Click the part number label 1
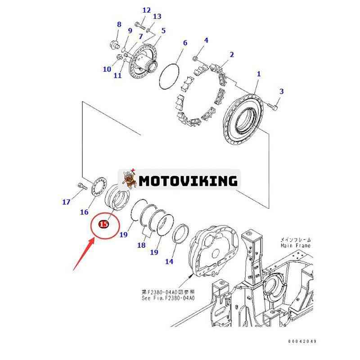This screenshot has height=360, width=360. point(259,74)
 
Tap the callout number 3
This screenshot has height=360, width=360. point(281,91)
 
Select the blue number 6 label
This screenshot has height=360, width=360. point(184,43)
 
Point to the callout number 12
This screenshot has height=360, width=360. point(147,10)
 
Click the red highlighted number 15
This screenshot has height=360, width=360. point(103,224)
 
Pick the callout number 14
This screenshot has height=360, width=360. point(169,261)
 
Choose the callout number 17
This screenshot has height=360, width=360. point(66,202)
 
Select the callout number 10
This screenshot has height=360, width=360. point(107,69)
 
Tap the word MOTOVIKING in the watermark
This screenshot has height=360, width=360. point(188,181)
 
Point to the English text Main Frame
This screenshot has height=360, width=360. point(296,246)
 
